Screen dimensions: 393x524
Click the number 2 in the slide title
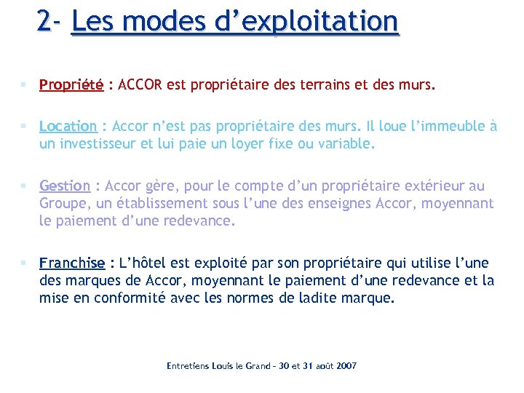45,20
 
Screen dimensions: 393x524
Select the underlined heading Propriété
71,85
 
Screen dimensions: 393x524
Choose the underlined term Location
68,126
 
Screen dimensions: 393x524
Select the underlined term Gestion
65,186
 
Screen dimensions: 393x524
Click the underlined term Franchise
72,263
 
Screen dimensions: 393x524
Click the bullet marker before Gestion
25,186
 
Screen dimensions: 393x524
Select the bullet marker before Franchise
25,263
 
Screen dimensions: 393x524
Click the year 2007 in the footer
346,365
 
